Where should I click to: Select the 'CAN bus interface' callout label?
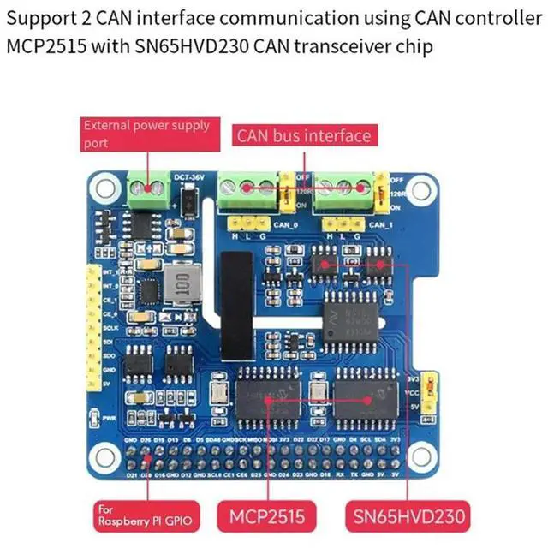(x=304, y=135)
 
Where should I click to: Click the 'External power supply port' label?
(x=146, y=134)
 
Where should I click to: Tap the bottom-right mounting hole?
(x=424, y=454)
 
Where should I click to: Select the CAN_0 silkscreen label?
(x=287, y=224)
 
